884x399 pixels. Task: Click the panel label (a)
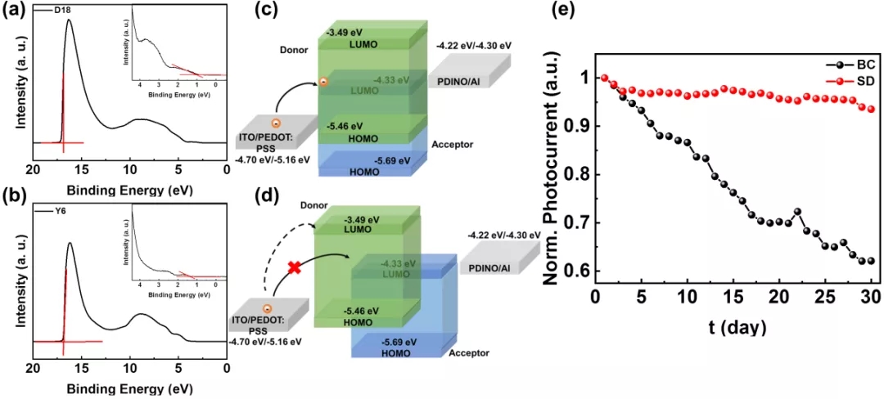point(14,11)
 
